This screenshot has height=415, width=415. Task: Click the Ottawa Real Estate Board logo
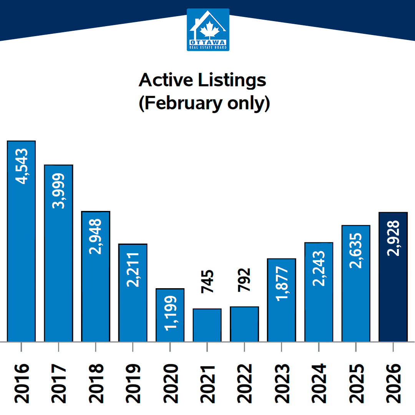coord(208,30)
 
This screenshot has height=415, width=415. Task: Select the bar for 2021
coord(207,325)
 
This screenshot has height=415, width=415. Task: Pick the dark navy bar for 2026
coord(393,277)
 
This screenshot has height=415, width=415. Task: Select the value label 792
coord(245,280)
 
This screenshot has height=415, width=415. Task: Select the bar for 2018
coord(96,277)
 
